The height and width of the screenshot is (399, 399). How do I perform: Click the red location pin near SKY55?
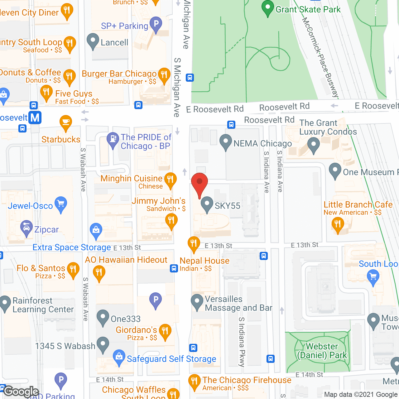pos(199,183)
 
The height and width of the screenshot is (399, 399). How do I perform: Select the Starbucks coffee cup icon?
pos(65,122)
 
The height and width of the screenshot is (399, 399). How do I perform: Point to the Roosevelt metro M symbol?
pos(35,118)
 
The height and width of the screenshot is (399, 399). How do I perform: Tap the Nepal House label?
pos(204,261)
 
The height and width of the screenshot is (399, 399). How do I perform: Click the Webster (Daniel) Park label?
pos(322,351)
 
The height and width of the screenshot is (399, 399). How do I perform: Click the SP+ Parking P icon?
pos(156,24)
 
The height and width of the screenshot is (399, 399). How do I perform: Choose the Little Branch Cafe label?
pos(358,204)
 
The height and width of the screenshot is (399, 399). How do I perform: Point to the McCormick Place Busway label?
pos(320,58)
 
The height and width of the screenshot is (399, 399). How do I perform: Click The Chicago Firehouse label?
pos(247,380)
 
